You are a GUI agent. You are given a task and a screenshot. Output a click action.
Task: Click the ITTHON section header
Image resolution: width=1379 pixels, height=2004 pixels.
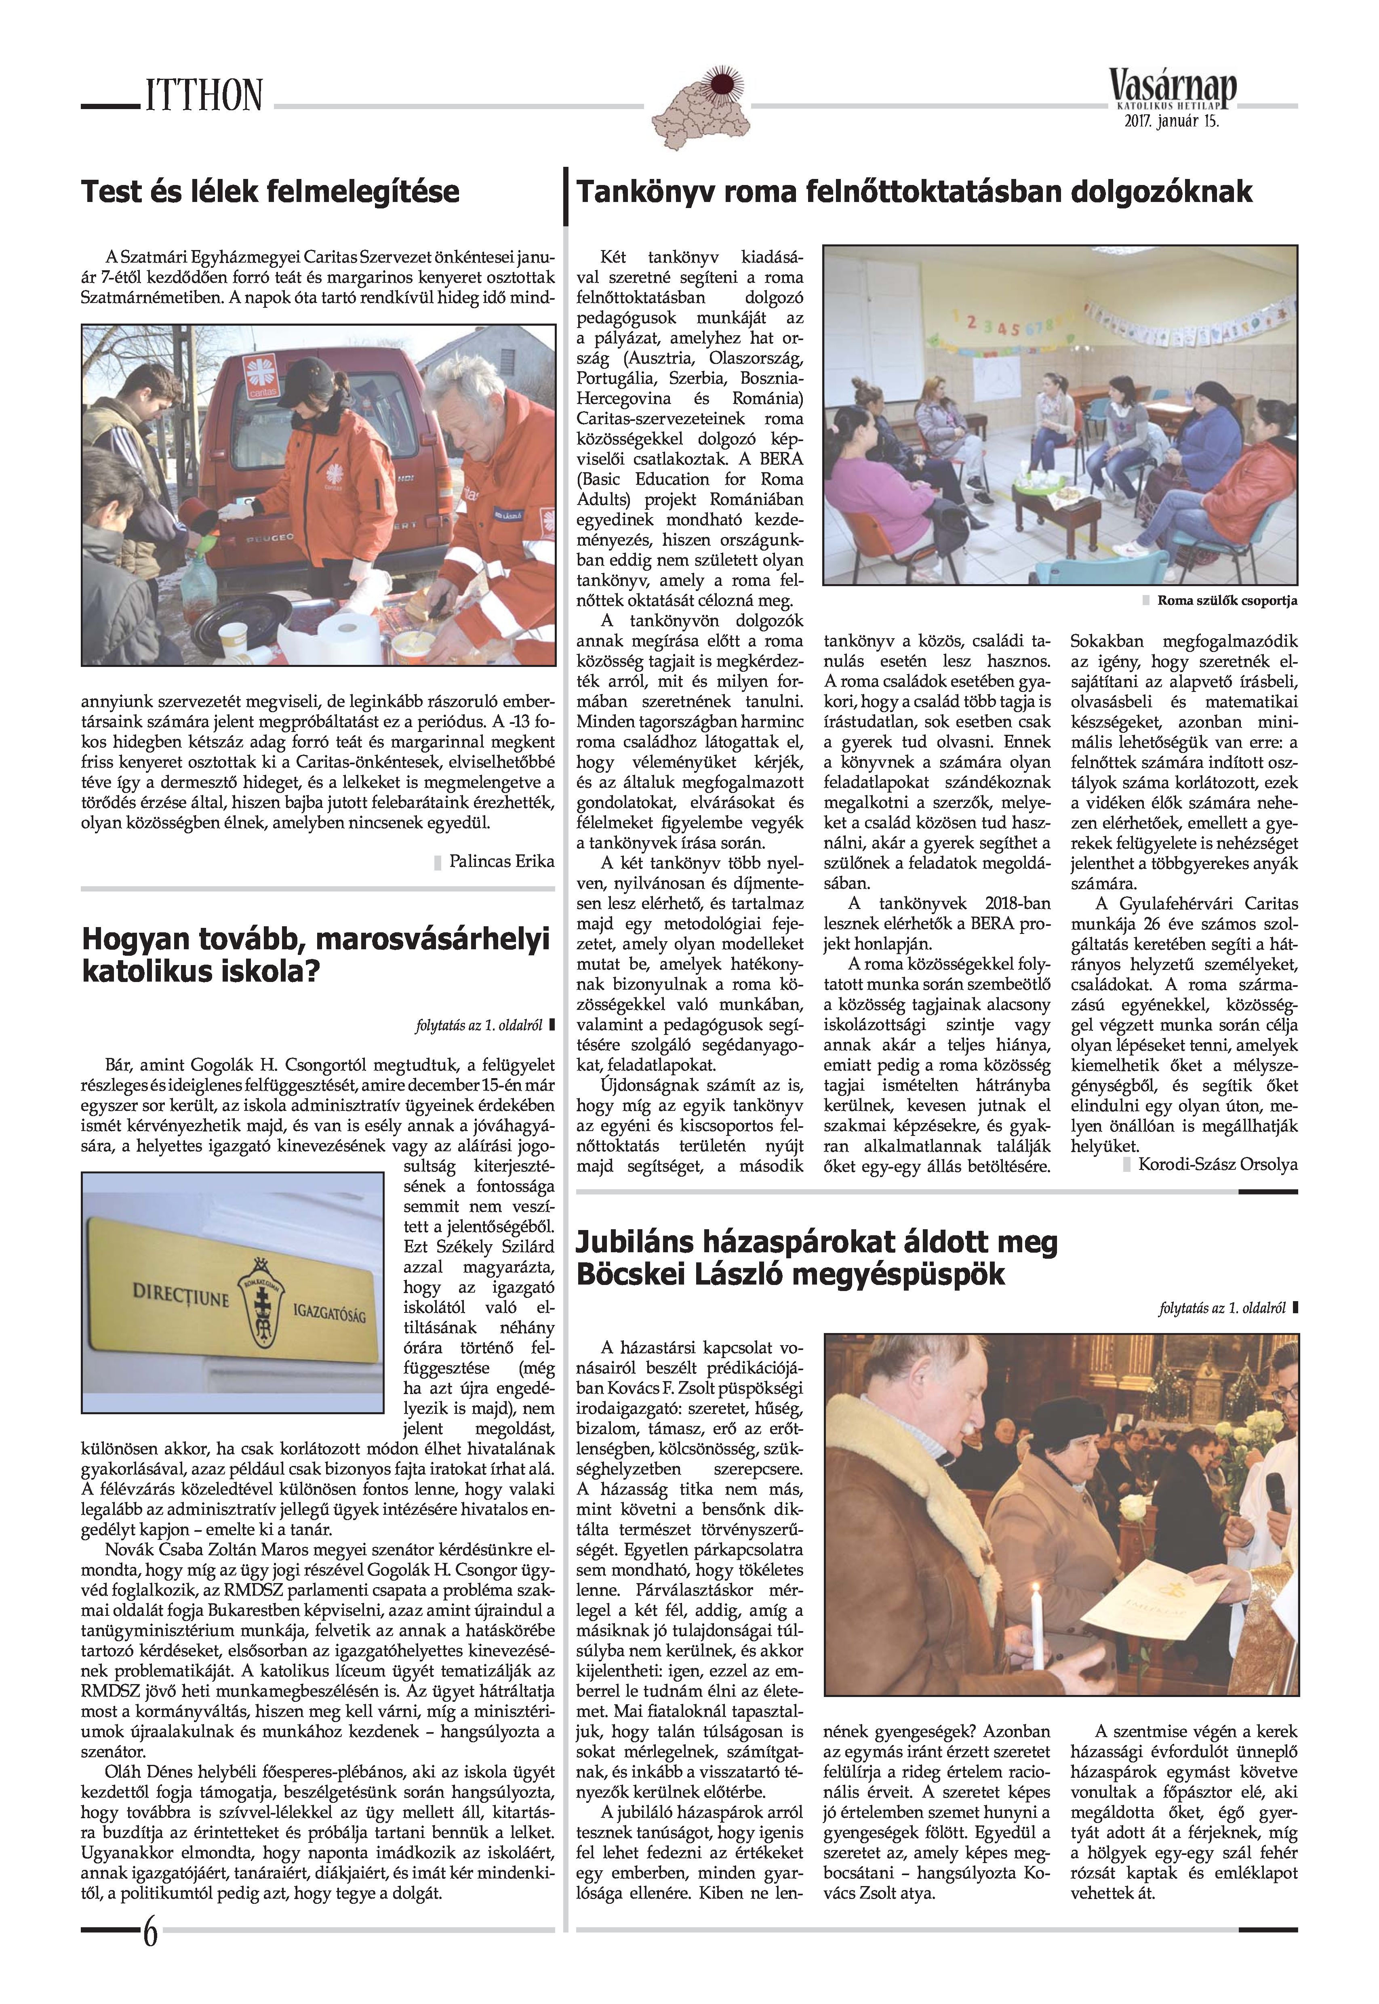(204, 95)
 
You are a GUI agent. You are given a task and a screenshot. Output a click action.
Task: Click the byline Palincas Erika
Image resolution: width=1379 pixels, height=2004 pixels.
(501, 861)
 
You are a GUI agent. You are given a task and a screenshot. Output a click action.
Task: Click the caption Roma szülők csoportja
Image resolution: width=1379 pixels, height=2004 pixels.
(1227, 600)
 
